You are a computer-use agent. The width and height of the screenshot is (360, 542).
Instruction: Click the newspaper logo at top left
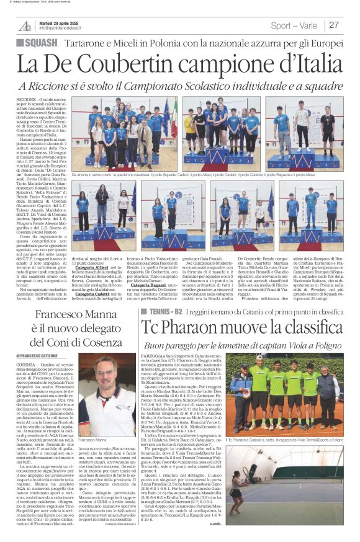[x=25, y=25]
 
